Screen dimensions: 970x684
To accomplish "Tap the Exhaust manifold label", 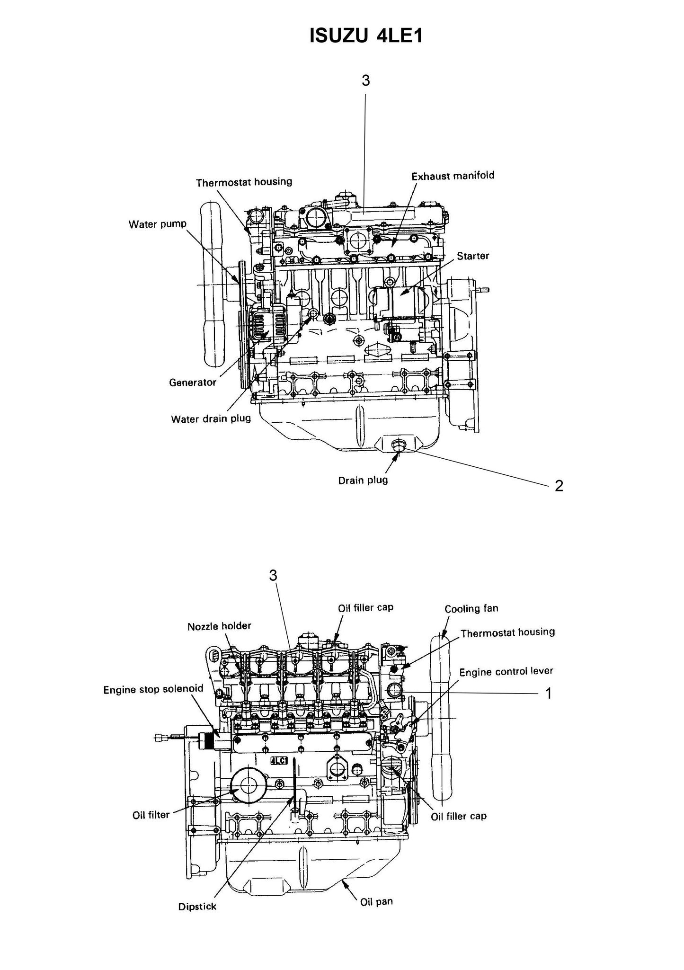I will (x=453, y=176).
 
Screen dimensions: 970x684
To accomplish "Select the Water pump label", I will (x=158, y=224).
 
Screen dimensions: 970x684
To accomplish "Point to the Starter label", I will (x=473, y=256).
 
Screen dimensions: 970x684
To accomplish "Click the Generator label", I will (x=193, y=382).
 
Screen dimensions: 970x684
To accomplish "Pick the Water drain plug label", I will (x=211, y=419).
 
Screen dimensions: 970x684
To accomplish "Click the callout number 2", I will (x=559, y=486).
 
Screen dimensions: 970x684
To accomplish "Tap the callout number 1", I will (x=549, y=694).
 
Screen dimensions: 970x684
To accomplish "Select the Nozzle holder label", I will (x=219, y=626).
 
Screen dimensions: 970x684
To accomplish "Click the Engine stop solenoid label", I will (x=153, y=689).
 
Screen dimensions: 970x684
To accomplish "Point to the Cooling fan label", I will (x=471, y=609).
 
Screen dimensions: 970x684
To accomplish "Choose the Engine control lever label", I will (x=506, y=671).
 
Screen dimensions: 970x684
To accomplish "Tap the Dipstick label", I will (x=197, y=907).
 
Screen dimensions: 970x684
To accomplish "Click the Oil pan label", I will (x=376, y=902).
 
